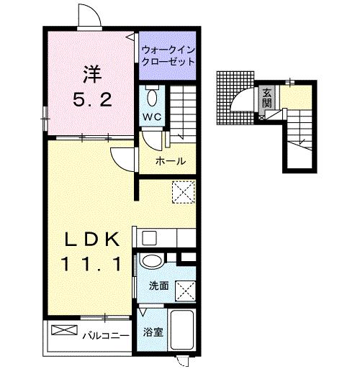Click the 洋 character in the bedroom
[x=91, y=74]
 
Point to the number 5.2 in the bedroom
[x=91, y=101]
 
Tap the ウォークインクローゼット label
[x=168, y=57]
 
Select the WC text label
[x=153, y=117]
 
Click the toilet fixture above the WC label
[x=153, y=97]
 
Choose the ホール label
[x=171, y=161]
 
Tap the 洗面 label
[x=158, y=286]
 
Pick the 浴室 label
[x=151, y=332]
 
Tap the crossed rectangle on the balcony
[x=63, y=329]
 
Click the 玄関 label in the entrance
[x=266, y=97]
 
